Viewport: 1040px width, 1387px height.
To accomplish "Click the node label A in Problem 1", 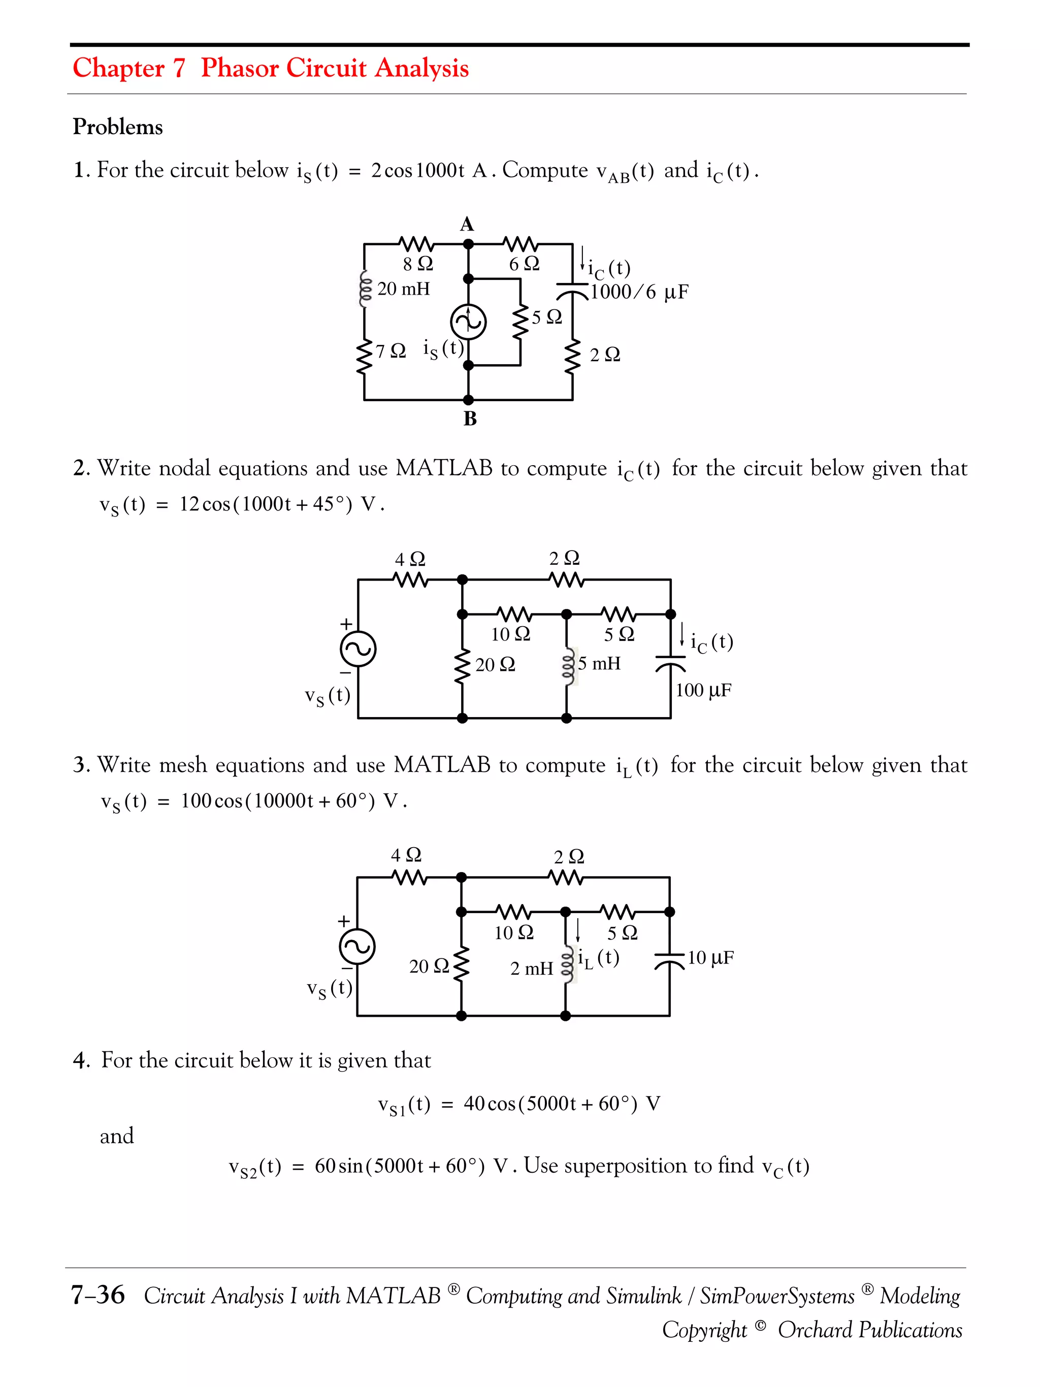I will (467, 224).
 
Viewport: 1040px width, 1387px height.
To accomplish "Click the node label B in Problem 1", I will (470, 419).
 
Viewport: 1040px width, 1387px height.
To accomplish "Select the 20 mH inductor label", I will (403, 289).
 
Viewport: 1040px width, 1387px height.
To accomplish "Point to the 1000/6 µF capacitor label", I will (639, 292).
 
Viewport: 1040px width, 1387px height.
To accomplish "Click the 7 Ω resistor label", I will (391, 351).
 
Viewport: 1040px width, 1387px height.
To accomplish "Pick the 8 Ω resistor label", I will (417, 264).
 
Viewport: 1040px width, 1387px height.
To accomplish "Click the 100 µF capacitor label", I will (703, 690).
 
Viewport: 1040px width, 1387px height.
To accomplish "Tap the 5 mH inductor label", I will (599, 663).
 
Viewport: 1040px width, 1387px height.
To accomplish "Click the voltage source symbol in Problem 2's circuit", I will (358, 649).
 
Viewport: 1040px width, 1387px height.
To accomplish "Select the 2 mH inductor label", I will (532, 969).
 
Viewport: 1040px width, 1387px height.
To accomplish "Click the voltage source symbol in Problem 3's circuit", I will (356, 947).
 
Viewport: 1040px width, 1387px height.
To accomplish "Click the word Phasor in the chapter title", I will (240, 68).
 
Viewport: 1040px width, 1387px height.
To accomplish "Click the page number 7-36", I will (98, 1296).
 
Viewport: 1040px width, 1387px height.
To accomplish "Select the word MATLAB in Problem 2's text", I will (444, 468).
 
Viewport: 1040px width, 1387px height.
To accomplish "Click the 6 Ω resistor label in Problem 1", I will (524, 264).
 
